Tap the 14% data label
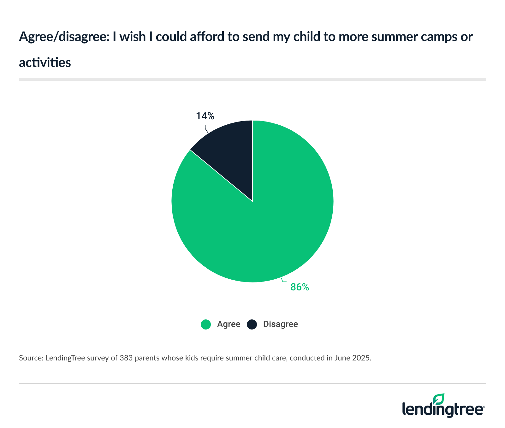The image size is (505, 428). point(205,116)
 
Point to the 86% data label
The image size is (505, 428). point(300,287)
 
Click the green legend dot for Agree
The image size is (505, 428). point(206,324)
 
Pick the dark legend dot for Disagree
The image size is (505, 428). point(252,324)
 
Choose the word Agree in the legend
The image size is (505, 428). point(229,324)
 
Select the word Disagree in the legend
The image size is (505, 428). point(280,324)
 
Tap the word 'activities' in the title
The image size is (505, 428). point(45,63)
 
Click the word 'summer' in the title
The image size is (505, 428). point(391,37)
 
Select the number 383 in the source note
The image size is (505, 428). point(126,358)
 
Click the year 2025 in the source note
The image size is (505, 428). point(363,358)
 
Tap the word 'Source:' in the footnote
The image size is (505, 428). point(31,358)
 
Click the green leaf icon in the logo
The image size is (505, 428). point(439,399)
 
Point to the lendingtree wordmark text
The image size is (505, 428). point(443,410)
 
